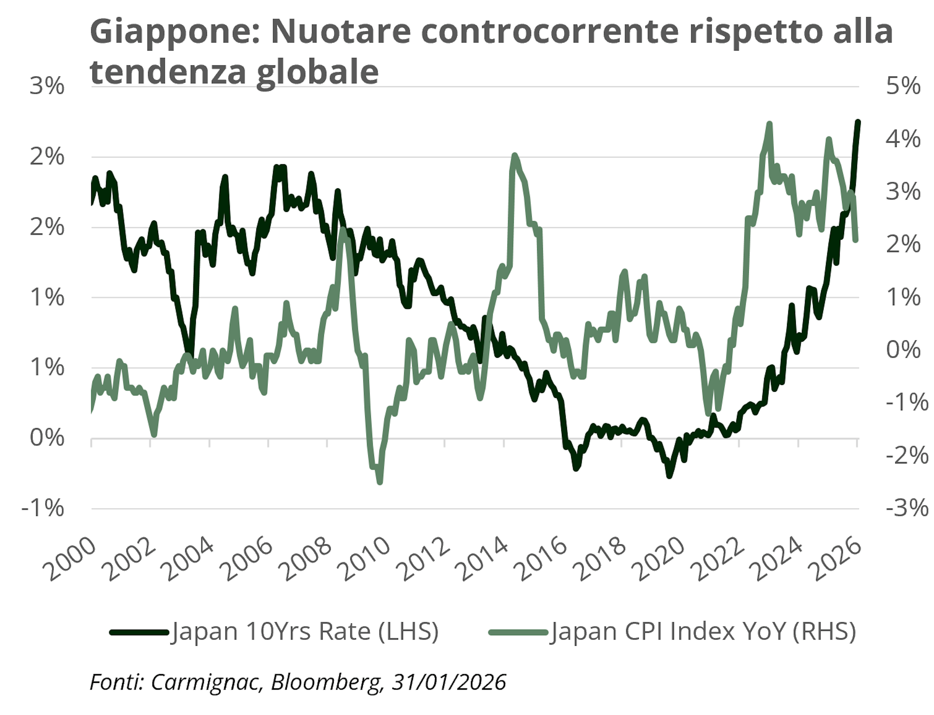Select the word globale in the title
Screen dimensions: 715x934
[317, 72]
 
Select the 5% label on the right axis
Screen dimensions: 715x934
[903, 86]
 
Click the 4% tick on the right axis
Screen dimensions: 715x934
[903, 139]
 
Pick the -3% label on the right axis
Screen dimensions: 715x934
[906, 508]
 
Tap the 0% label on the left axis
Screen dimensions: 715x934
[47, 438]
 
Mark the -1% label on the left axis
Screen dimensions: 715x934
[43, 508]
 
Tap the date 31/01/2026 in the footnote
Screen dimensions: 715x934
[449, 683]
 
